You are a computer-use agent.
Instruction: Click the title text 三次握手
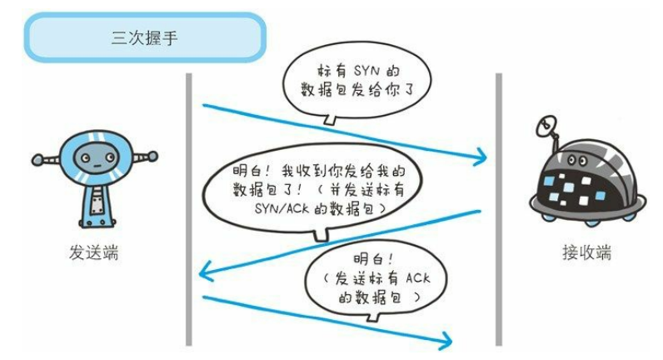coord(145,37)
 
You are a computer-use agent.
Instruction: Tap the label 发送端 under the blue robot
coord(93,252)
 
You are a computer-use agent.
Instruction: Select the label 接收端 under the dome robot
coord(586,252)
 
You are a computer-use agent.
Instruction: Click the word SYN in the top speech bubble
coord(366,70)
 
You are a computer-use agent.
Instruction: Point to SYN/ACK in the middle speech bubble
coord(283,208)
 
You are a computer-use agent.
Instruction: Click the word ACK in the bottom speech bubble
coord(418,278)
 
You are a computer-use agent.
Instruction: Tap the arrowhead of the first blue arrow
coord(481,157)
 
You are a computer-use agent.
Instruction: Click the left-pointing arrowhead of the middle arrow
coord(206,272)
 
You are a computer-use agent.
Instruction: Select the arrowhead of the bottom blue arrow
coord(446,341)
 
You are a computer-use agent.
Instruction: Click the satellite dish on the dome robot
coord(546,125)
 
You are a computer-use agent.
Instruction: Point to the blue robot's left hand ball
coord(37,160)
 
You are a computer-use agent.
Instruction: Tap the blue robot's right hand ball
coord(152,157)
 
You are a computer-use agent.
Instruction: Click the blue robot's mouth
coord(97,167)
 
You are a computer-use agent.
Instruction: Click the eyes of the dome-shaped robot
coord(576,160)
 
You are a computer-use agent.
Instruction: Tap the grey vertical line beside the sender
coord(189,209)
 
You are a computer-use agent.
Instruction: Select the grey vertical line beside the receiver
coord(499,209)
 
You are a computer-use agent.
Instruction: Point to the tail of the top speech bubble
coord(330,119)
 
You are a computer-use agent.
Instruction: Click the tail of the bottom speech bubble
coord(373,316)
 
